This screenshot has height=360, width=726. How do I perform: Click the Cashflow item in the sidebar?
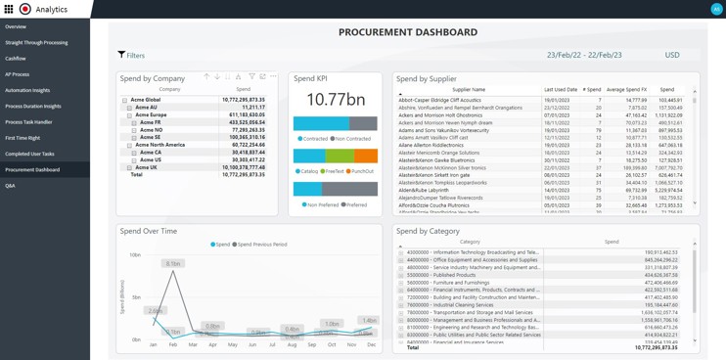(x=16, y=59)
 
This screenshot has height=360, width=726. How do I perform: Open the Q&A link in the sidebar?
(x=11, y=186)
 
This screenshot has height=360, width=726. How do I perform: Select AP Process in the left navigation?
(x=18, y=74)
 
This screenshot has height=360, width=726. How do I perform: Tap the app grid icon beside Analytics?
(x=9, y=9)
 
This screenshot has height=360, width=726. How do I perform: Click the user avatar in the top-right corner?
(x=716, y=9)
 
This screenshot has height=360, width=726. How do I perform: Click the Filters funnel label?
(x=131, y=56)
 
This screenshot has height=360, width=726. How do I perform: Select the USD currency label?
(x=672, y=56)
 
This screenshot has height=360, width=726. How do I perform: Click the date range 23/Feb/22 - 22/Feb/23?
(x=583, y=56)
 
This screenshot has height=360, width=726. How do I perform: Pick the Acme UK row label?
(x=146, y=167)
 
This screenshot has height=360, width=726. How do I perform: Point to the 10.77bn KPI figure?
(x=335, y=99)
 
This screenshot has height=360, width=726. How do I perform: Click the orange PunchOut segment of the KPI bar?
(x=365, y=157)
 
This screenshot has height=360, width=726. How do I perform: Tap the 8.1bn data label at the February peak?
(x=173, y=264)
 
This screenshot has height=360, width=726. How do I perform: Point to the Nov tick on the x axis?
(x=351, y=345)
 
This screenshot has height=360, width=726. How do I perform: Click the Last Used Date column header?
(x=561, y=89)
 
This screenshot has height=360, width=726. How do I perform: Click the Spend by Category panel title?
(x=428, y=231)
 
